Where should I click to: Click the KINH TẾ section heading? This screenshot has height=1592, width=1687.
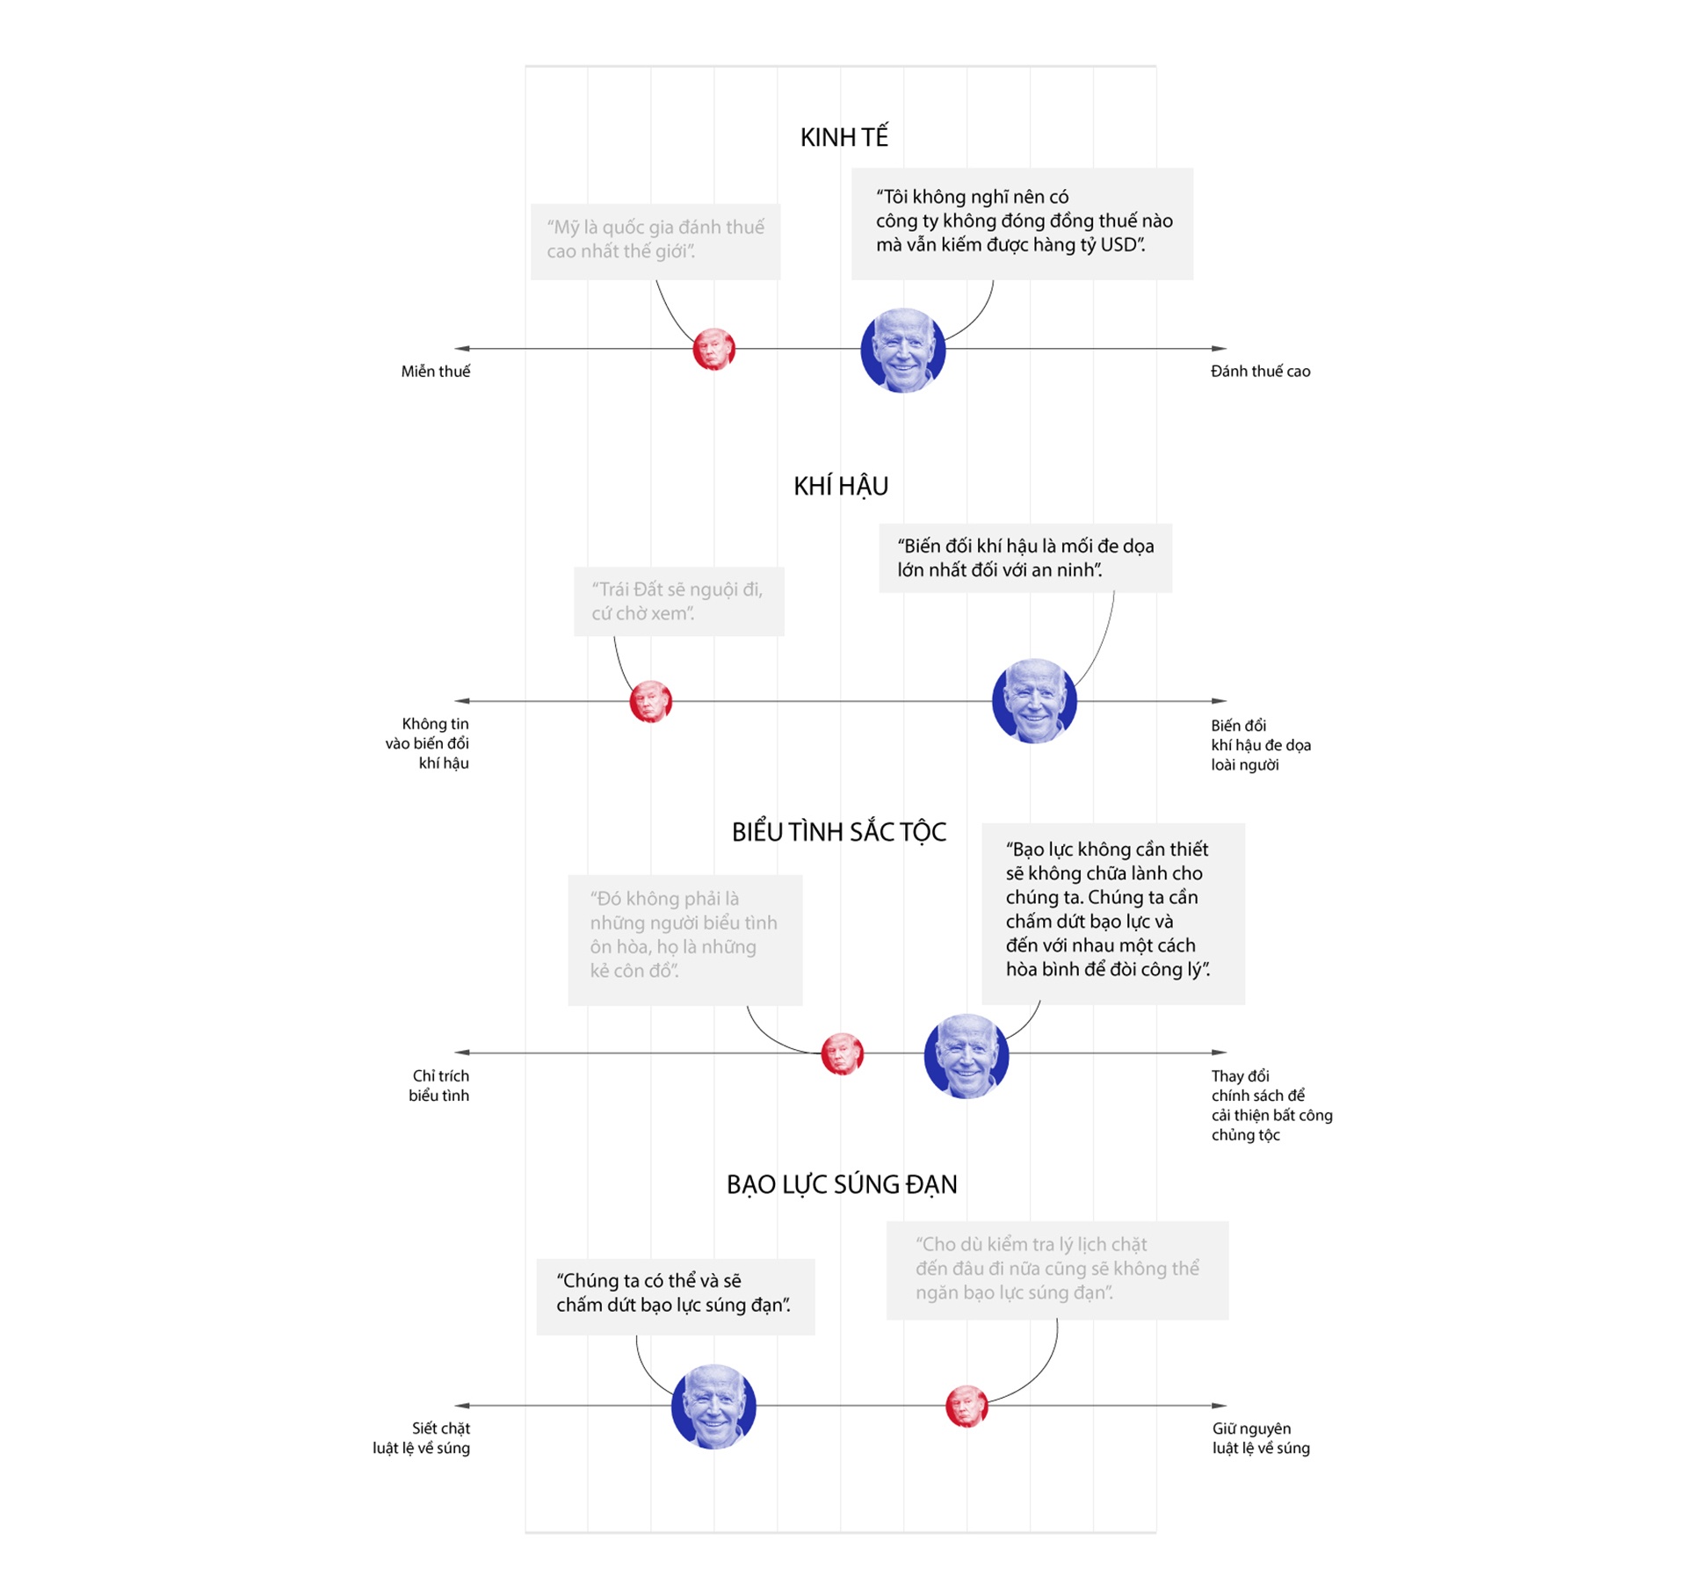(843, 137)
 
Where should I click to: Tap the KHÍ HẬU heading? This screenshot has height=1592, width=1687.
(841, 486)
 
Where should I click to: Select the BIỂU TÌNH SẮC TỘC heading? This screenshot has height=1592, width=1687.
(839, 832)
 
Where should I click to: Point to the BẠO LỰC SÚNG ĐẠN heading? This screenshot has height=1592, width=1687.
(842, 1184)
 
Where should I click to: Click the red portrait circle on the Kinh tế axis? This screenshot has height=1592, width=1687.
(713, 350)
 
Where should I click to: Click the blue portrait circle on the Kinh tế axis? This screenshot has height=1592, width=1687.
(902, 350)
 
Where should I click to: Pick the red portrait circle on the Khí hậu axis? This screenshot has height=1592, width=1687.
(650, 701)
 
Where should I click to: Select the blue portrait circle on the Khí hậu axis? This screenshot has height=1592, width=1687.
(1034, 701)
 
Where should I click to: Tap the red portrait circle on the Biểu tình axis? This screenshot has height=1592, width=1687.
(842, 1053)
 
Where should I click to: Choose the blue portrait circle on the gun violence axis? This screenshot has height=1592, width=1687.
(713, 1406)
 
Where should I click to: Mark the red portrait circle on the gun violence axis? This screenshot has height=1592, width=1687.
(966, 1406)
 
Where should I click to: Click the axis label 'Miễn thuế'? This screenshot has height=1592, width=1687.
(435, 372)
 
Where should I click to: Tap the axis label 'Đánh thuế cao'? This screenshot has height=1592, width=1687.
(1260, 372)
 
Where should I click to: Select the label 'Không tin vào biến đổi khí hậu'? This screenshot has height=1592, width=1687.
(428, 743)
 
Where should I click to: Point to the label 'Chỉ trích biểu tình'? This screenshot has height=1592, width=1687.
(439, 1085)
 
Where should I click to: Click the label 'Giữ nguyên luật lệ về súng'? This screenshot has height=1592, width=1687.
(1260, 1438)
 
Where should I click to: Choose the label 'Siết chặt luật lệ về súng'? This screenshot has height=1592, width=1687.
(422, 1438)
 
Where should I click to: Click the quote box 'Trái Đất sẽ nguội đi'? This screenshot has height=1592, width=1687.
(678, 601)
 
